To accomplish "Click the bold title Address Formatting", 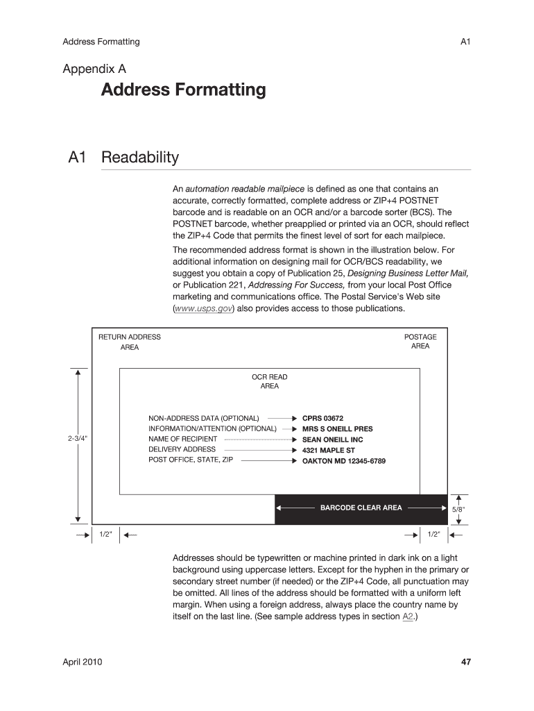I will pos(183,90).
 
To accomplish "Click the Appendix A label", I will pos(94,69).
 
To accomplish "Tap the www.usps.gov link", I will pos(203,309).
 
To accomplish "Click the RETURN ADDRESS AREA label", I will pos(129,342).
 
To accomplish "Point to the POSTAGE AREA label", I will pos(420,342).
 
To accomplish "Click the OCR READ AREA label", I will pos(269,381).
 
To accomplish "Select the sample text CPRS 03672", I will pos(322,419).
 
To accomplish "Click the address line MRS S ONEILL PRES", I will pos(337,429).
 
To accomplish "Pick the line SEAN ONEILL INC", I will pos(332,440).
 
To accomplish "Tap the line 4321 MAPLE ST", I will pos(328,450).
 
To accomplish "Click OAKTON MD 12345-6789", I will pos(343,461).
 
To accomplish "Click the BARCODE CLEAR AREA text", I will pos(361,508).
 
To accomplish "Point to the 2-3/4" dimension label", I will pos(78,439).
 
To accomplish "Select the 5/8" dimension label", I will pos(458,509).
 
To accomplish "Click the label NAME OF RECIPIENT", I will pos(182,439).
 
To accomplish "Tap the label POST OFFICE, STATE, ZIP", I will pos(191,460).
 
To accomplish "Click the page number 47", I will pos(466,662).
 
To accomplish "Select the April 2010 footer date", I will pos(83,662).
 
